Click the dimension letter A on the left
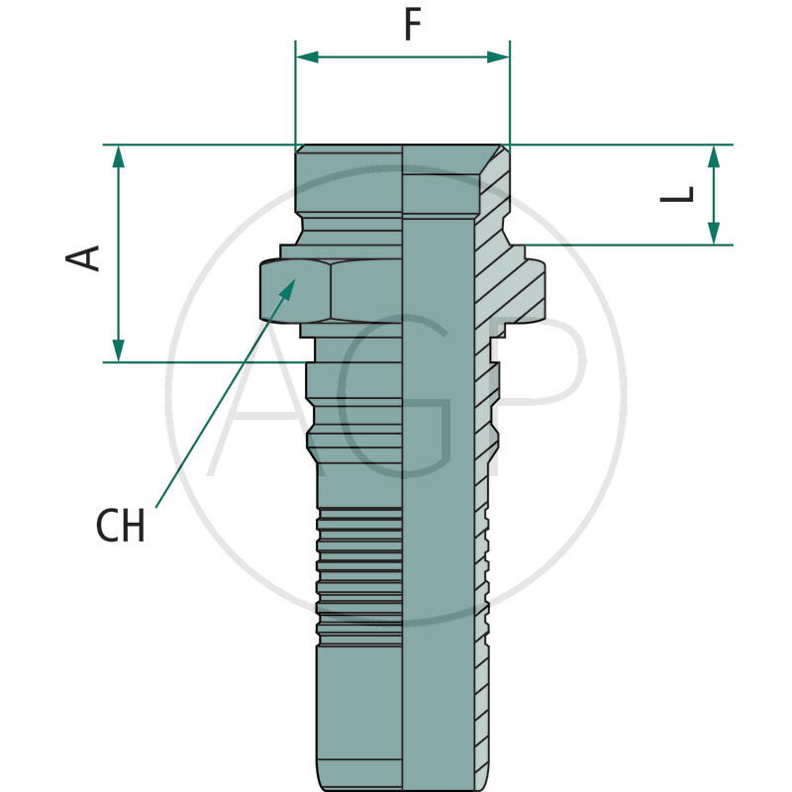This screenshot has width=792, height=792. pos(84,256)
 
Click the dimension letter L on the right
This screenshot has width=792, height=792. pos(678,195)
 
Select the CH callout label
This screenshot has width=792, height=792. pos(121,527)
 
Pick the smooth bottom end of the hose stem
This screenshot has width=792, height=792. pos(360,713)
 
